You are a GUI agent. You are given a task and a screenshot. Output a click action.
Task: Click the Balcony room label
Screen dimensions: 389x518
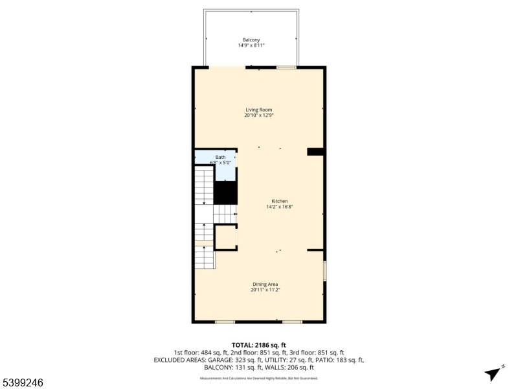pyautogui.click(x=251, y=40)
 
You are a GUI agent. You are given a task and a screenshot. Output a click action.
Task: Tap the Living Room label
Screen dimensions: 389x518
pyautogui.click(x=258, y=110)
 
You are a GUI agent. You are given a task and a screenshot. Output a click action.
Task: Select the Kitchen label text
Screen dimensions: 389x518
pyautogui.click(x=279, y=201)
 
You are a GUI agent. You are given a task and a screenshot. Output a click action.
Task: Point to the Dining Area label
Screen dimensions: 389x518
pyautogui.click(x=265, y=284)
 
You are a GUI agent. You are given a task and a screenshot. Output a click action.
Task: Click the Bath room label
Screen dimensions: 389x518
pyautogui.click(x=221, y=157)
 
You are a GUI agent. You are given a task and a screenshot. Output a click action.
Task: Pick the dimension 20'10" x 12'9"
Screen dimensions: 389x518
pyautogui.click(x=258, y=115)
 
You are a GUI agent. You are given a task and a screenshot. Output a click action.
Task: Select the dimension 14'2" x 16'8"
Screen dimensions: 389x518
pyautogui.click(x=279, y=207)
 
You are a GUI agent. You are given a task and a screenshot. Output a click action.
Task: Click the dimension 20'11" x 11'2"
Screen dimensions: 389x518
pyautogui.click(x=265, y=290)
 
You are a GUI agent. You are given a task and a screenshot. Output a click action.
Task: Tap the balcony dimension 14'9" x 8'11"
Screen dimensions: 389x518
pyautogui.click(x=251, y=45)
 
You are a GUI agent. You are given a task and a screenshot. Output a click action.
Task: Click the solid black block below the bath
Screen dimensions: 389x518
pyautogui.click(x=225, y=191)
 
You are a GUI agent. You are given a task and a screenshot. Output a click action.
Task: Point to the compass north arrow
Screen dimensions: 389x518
pyautogui.click(x=493, y=373)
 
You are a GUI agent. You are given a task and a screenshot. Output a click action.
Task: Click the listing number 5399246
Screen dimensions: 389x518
pyautogui.click(x=23, y=383)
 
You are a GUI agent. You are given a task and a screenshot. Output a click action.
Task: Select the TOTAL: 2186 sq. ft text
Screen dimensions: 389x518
pyautogui.click(x=258, y=345)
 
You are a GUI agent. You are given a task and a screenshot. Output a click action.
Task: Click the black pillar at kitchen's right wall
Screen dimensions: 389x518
pyautogui.click(x=315, y=152)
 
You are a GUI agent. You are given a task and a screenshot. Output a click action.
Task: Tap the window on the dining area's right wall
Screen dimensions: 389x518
pyautogui.click(x=324, y=270)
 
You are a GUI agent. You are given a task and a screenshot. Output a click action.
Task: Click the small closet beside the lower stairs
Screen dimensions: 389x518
pyautogui.click(x=226, y=237)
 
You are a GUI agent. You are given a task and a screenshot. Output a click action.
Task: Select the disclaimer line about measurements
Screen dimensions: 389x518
pyautogui.click(x=258, y=378)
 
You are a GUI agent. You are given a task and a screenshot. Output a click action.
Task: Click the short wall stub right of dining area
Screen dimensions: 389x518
pyautogui.click(x=315, y=250)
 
